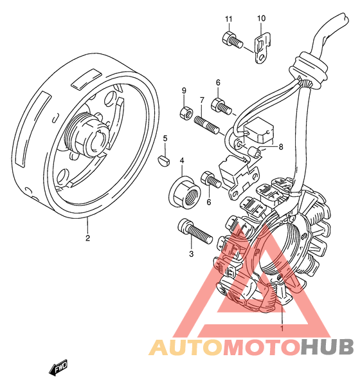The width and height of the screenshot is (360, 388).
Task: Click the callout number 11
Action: [229, 19]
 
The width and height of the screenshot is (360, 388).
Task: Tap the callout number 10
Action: [262, 18]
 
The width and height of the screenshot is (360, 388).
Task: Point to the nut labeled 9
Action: [186, 113]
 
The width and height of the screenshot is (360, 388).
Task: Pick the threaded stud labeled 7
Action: [207, 125]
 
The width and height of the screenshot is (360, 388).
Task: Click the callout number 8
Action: [281, 147]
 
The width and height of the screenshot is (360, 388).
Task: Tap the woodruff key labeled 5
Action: [163, 160]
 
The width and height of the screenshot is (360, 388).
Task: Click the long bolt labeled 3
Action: [195, 231]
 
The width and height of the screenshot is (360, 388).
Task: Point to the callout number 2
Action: [87, 238]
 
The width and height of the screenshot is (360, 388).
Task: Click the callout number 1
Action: [282, 328]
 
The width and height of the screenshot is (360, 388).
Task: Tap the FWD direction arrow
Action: [59, 367]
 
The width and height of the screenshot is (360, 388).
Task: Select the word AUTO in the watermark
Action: [185, 347]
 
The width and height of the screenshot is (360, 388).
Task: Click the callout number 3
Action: [192, 254]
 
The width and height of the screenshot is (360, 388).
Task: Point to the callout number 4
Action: [182, 161]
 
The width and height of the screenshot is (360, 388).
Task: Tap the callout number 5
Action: [165, 138]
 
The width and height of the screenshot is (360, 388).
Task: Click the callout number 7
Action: [202, 100]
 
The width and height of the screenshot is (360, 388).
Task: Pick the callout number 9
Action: [184, 90]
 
